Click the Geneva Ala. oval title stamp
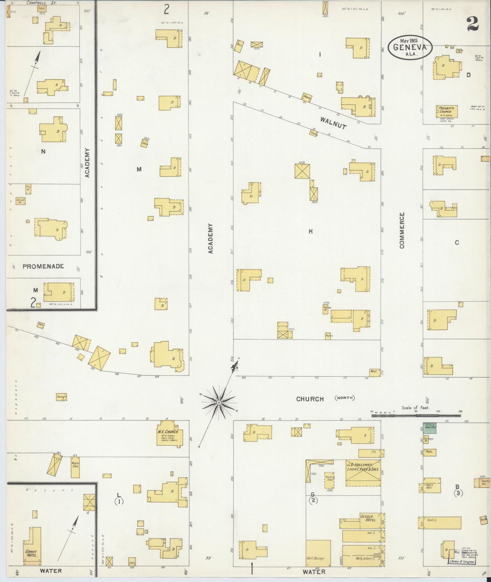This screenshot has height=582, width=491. tap(410, 48)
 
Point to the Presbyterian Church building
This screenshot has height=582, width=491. tap(446, 111)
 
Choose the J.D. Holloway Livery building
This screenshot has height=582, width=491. tap(363, 473)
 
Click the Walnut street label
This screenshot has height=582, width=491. tap(333, 123)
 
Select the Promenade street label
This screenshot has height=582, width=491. tap(43, 266)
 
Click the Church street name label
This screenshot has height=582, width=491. tap(310, 399)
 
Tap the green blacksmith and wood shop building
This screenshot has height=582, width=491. tap(430, 428)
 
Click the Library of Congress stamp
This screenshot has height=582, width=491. tap(462, 562)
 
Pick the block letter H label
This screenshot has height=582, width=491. tap(310, 232)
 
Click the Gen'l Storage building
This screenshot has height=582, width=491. tap(318, 553)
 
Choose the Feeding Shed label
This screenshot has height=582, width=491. tap(329, 479)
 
